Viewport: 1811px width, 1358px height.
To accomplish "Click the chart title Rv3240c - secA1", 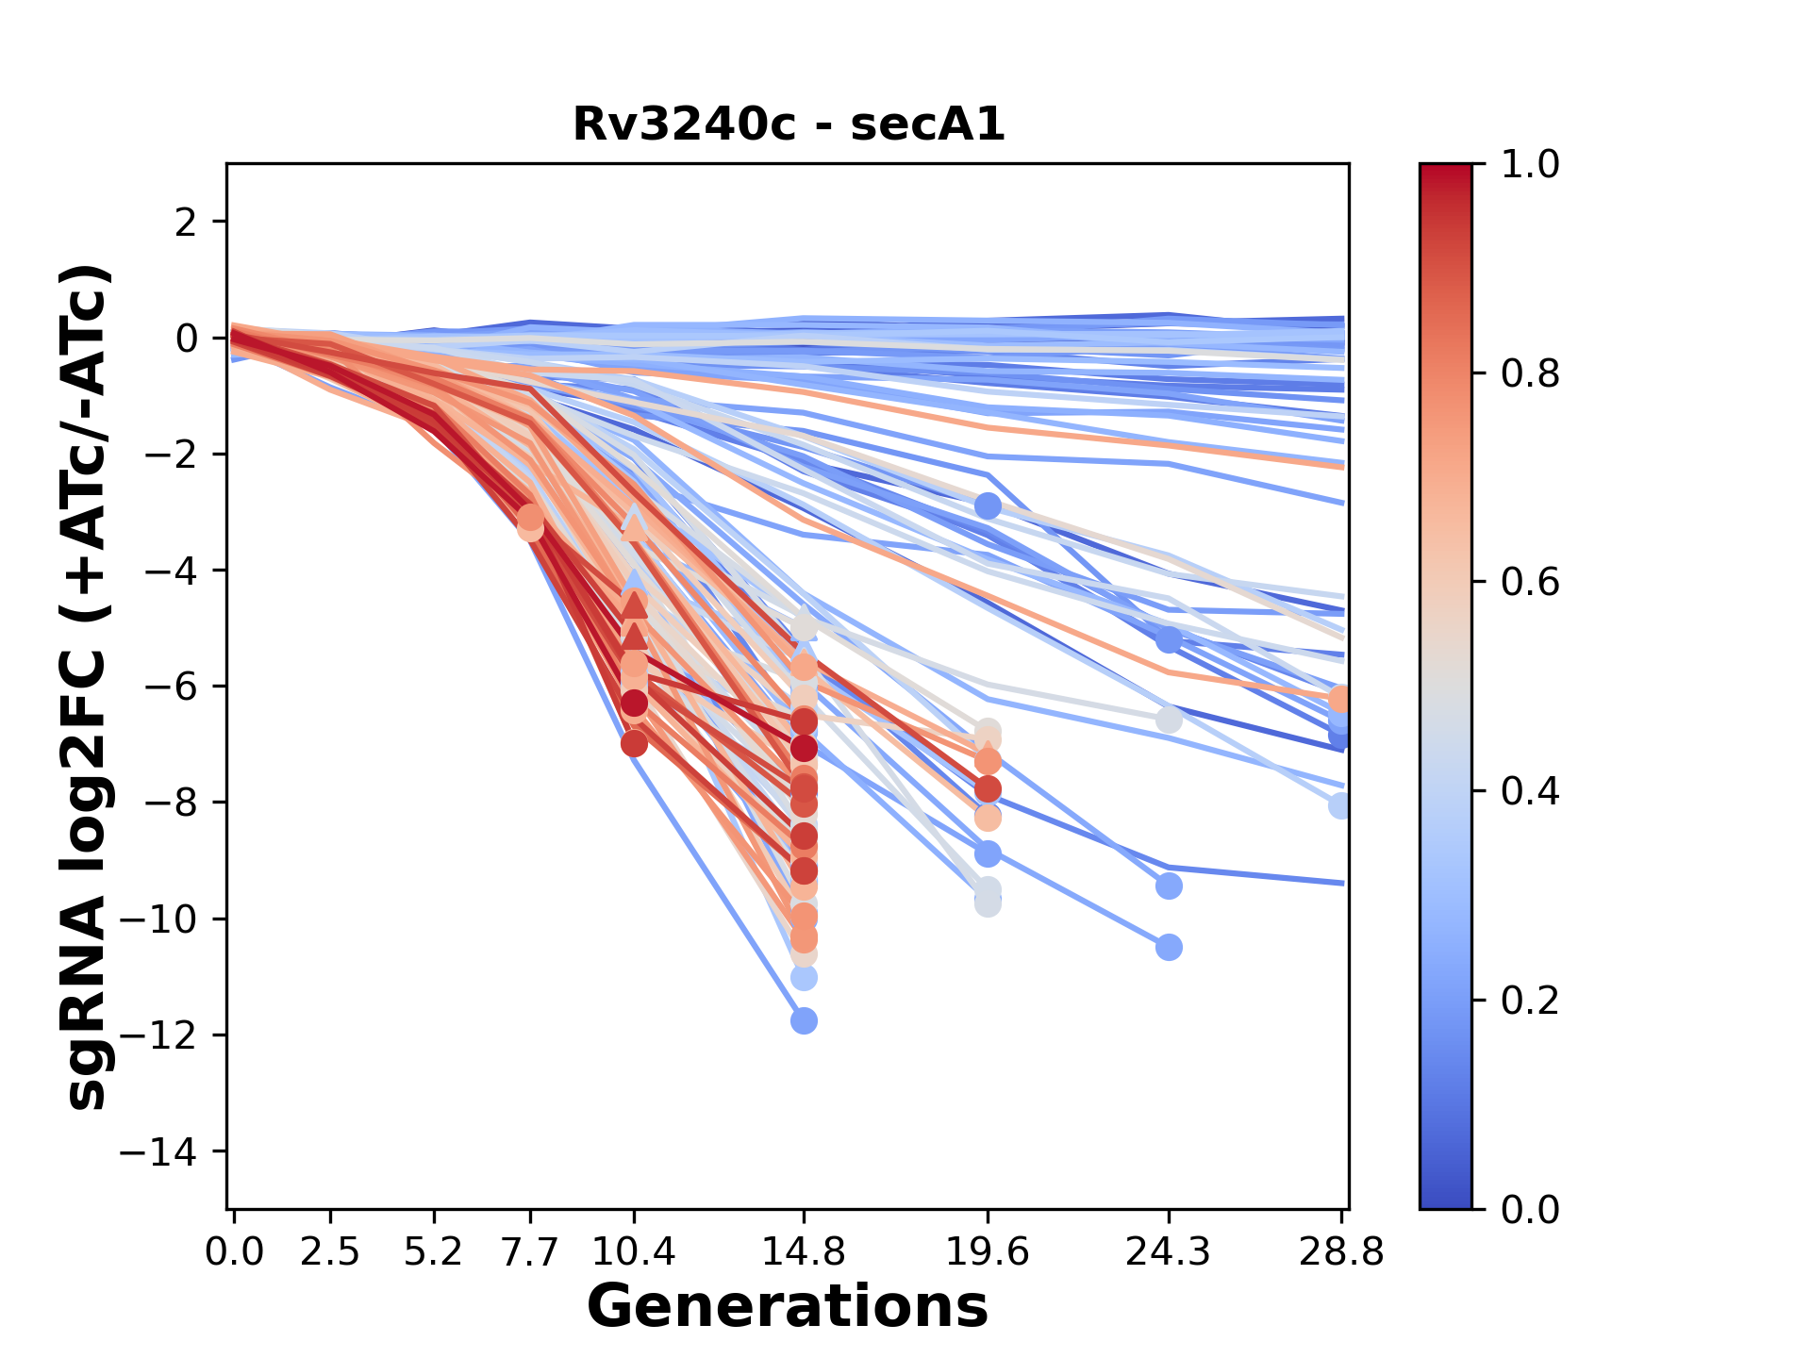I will tap(789, 124).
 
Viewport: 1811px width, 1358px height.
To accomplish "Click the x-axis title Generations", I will tap(788, 1307).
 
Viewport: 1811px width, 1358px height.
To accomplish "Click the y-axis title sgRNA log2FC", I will tap(87, 687).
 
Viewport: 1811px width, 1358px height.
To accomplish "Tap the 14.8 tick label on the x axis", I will tap(804, 1252).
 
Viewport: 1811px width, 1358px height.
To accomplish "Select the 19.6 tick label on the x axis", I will tap(987, 1252).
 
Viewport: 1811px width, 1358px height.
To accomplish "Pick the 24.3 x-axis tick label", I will tap(1168, 1252).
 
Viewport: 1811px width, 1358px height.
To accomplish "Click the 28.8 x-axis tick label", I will tap(1341, 1252).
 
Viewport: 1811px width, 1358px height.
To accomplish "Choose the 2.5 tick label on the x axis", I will tap(330, 1252).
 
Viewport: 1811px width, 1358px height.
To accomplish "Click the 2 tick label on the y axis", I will tap(187, 223).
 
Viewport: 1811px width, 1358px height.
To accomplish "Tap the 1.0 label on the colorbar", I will tap(1530, 165).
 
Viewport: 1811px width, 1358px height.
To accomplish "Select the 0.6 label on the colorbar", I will tap(1530, 583).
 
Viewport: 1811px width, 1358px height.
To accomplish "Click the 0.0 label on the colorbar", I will tap(1530, 1209).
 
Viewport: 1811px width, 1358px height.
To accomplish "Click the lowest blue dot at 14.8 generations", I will tap(804, 1020).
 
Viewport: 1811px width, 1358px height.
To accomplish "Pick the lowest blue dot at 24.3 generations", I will tap(1169, 947).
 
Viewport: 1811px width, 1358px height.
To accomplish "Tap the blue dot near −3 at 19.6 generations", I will tap(988, 505).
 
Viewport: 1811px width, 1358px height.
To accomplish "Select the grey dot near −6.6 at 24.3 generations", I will tap(1169, 720).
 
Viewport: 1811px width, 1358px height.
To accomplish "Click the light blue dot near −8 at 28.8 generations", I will tap(1340, 805).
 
